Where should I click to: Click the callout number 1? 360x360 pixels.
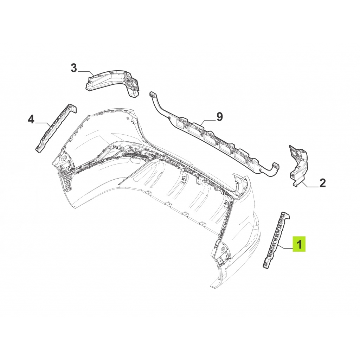point(299,244)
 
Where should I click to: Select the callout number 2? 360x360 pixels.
point(322,183)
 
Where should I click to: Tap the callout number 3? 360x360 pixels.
point(73,68)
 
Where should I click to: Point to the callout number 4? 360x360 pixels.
point(31,120)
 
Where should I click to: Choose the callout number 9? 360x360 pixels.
point(220,117)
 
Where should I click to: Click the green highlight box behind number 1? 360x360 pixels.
point(299,244)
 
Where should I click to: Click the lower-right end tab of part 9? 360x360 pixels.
point(276,166)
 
